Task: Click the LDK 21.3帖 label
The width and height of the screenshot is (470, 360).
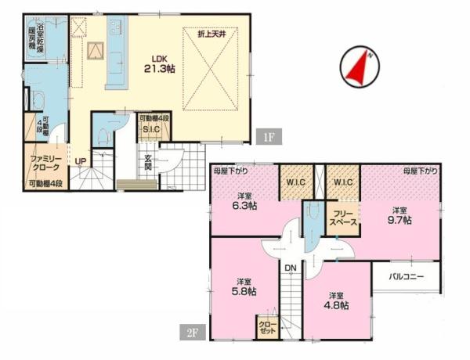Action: pyautogui.click(x=160, y=64)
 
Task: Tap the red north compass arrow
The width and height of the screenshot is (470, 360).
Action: pyautogui.click(x=358, y=68)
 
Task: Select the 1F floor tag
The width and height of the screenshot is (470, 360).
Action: pyautogui.click(x=269, y=137)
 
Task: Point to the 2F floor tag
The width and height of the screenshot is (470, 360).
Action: pyautogui.click(x=193, y=332)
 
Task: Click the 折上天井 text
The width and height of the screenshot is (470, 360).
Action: pyautogui.click(x=211, y=34)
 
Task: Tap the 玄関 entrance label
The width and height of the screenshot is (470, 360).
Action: pyautogui.click(x=148, y=162)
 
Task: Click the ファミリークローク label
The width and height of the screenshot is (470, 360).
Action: pyautogui.click(x=45, y=164)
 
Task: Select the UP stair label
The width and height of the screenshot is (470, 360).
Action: pyautogui.click(x=81, y=161)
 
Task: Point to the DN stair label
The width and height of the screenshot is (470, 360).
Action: pyautogui.click(x=290, y=268)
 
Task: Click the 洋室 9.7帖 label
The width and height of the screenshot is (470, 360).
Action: pyautogui.click(x=399, y=216)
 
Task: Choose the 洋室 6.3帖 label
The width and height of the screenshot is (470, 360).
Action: pyautogui.click(x=244, y=201)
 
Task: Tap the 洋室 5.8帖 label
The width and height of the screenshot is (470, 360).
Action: pyautogui.click(x=244, y=287)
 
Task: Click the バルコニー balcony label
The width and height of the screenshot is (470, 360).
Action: pyautogui.click(x=407, y=277)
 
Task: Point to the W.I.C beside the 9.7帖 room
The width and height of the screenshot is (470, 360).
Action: pyautogui.click(x=343, y=182)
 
